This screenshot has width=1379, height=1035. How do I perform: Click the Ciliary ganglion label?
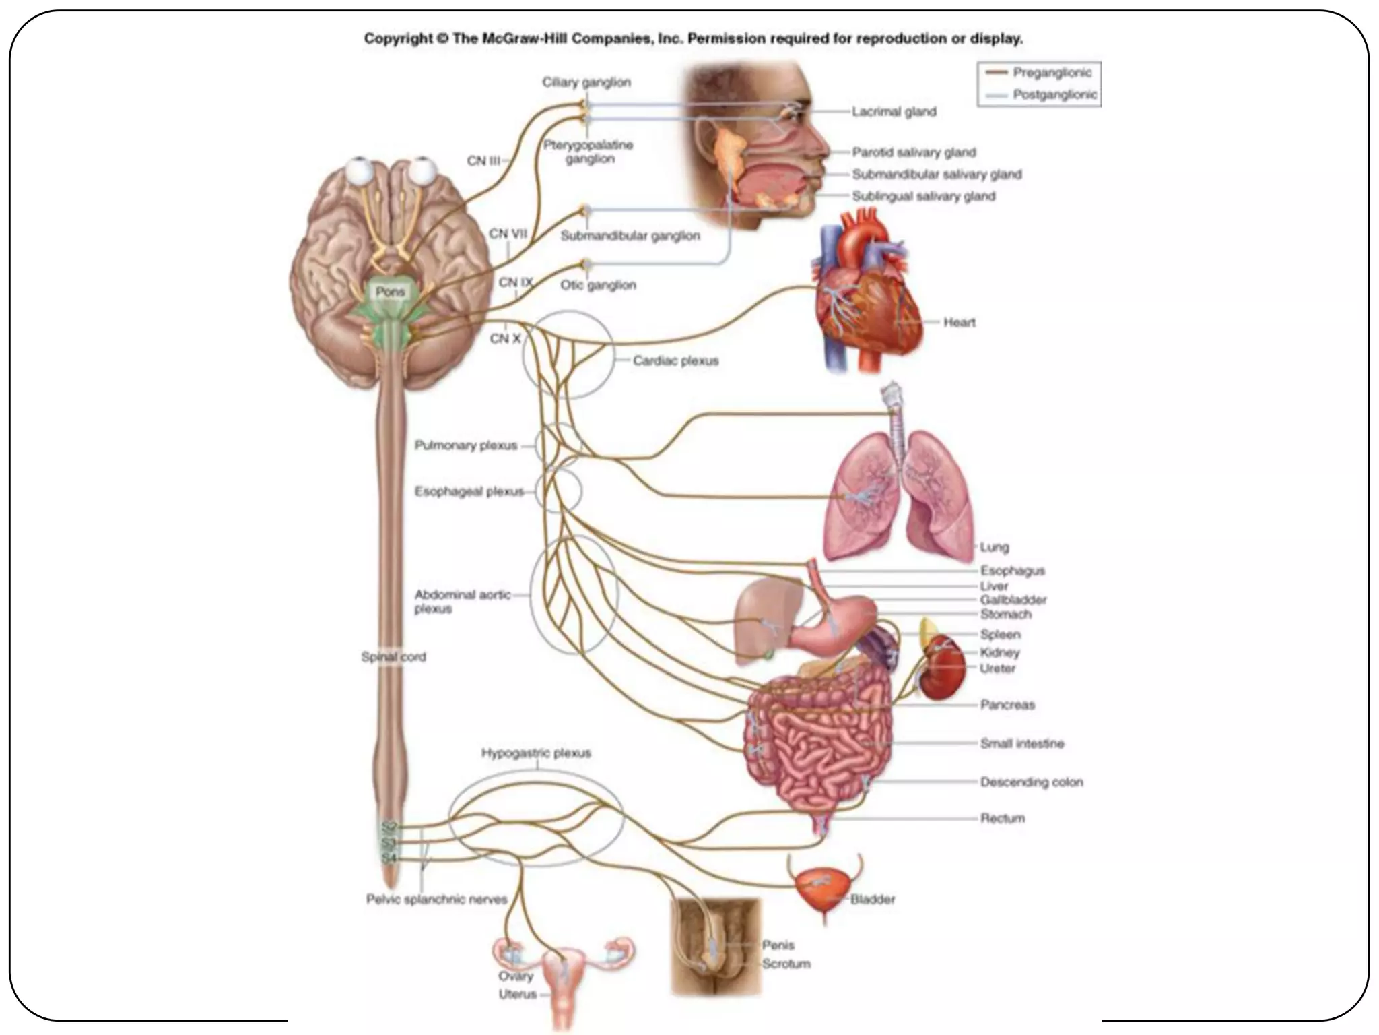pos(586,82)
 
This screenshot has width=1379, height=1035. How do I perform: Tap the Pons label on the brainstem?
pos(391,292)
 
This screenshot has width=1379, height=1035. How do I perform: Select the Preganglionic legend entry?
pos(1052,73)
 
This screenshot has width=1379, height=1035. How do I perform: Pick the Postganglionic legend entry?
pos(1054,95)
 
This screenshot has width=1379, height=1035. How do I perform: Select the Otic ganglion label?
pos(598,285)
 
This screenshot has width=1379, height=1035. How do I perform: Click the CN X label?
pos(505,338)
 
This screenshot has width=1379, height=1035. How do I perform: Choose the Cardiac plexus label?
pos(675,360)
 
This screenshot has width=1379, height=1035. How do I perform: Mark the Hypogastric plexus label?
pos(536,753)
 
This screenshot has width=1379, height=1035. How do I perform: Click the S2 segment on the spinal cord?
pos(389,826)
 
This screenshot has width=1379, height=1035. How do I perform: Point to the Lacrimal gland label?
pos(894,112)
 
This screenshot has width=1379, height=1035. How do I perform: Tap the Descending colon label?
pos(1032,782)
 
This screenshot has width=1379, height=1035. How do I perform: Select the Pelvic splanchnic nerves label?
pos(436,899)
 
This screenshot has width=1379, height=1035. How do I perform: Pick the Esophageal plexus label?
pos(469,491)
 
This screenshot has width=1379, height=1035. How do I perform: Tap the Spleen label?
pos(1001,635)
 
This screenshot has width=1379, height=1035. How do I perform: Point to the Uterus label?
pos(517,994)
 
